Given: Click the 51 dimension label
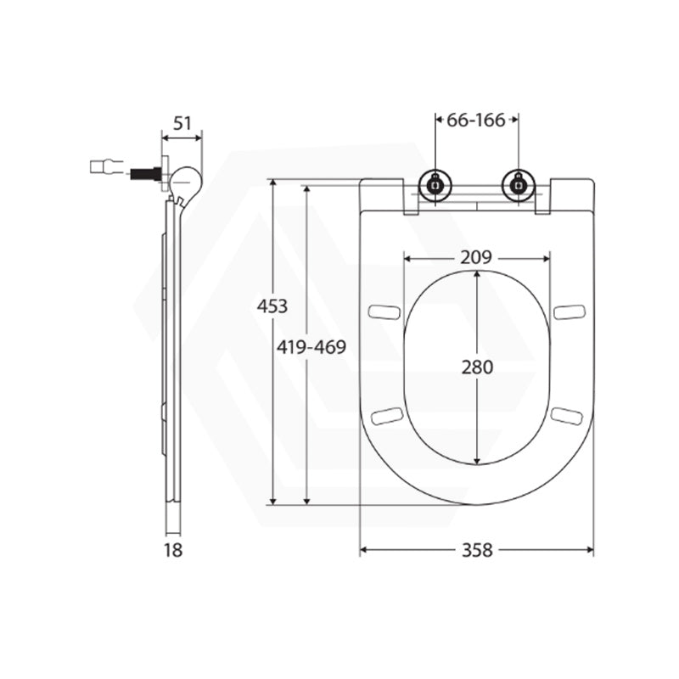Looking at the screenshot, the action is point(182,124).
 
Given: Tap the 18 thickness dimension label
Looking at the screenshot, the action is point(173,550).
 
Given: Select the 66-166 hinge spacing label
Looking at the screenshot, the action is point(476,120).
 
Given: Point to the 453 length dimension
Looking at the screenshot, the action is point(272,306).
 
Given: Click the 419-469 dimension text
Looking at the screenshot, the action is point(311,347).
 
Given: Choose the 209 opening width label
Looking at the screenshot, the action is point(476,258).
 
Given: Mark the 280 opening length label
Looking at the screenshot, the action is point(477,368).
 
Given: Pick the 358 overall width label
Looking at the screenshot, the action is point(477,550).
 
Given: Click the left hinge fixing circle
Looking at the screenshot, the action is point(435,185).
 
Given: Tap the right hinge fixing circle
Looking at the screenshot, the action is point(518,185).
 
